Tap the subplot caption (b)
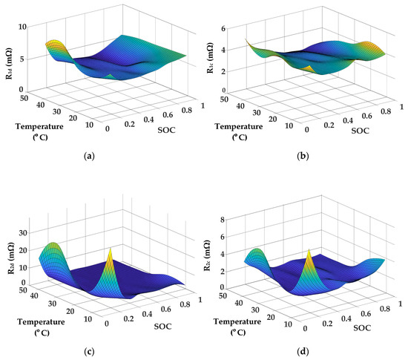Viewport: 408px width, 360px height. pos(305,157)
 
